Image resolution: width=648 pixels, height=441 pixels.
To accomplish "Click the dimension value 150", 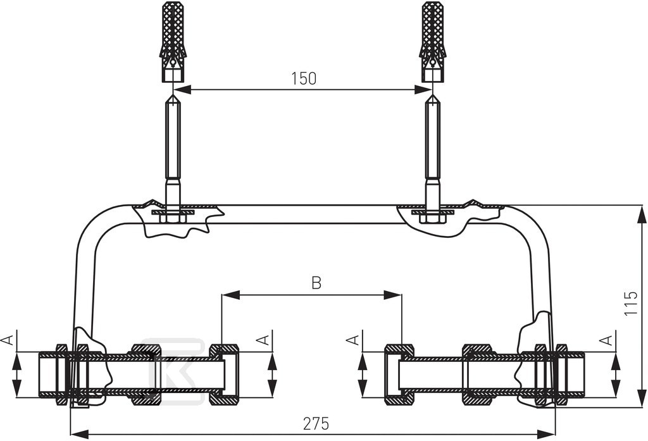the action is pos(304,78).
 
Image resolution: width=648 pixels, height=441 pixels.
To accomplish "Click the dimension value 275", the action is pos(316,424).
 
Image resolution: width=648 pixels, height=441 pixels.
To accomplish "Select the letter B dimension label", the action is pos(316,283).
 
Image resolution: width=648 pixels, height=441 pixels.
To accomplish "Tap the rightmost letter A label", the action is pos(606,340).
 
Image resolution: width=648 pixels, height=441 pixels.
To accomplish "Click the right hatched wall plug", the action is pos(433,41).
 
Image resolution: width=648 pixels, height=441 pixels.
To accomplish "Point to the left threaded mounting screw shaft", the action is pos(172,140).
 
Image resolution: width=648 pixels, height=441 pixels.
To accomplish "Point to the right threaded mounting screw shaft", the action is pos(433,140).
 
